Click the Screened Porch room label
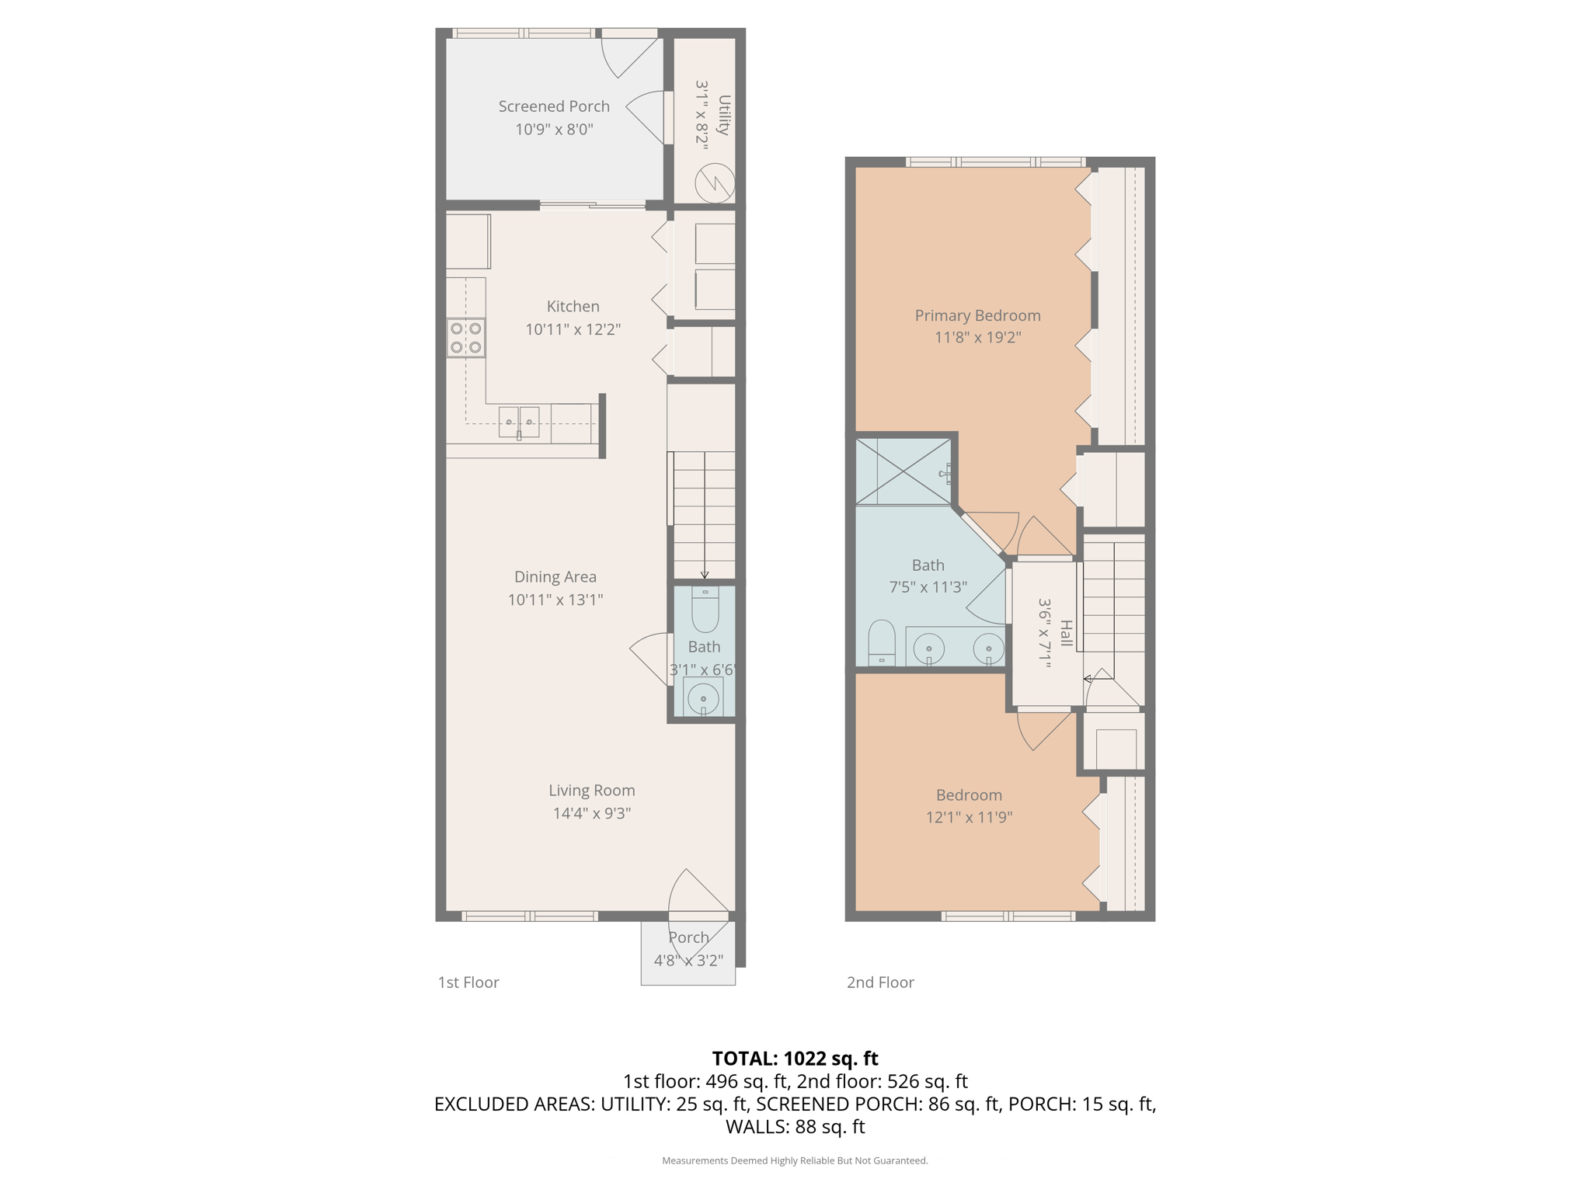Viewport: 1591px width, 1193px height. click(554, 106)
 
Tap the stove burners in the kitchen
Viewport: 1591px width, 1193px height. click(465, 338)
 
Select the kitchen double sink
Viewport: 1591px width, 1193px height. click(519, 422)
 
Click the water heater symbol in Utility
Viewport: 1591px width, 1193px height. click(715, 183)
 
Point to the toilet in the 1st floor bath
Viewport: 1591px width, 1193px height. click(705, 610)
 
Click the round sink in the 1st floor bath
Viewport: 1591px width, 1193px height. click(704, 697)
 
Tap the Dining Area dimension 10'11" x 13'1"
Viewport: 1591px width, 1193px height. click(555, 600)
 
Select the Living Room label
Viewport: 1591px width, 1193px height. click(592, 791)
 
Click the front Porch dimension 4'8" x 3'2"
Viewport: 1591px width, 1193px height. click(688, 960)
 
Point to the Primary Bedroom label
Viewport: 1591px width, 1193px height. click(977, 315)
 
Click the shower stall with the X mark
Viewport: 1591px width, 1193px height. click(903, 471)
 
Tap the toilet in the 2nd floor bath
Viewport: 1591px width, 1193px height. click(882, 643)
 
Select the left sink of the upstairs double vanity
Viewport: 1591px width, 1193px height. click(929, 647)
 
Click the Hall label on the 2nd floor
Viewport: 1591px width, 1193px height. click(1066, 633)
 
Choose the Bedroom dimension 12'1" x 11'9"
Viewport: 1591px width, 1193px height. click(969, 817)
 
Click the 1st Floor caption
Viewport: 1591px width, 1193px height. click(468, 983)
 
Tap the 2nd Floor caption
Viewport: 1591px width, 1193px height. click(880, 983)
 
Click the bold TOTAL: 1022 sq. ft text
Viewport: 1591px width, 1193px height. click(795, 1059)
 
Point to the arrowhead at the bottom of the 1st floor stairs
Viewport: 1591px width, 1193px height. click(705, 576)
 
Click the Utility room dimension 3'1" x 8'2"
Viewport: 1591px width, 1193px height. click(703, 115)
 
